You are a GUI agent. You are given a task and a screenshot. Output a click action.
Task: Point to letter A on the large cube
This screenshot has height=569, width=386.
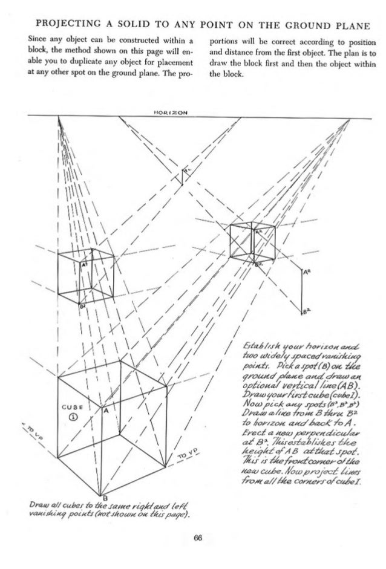coord(105,410)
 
